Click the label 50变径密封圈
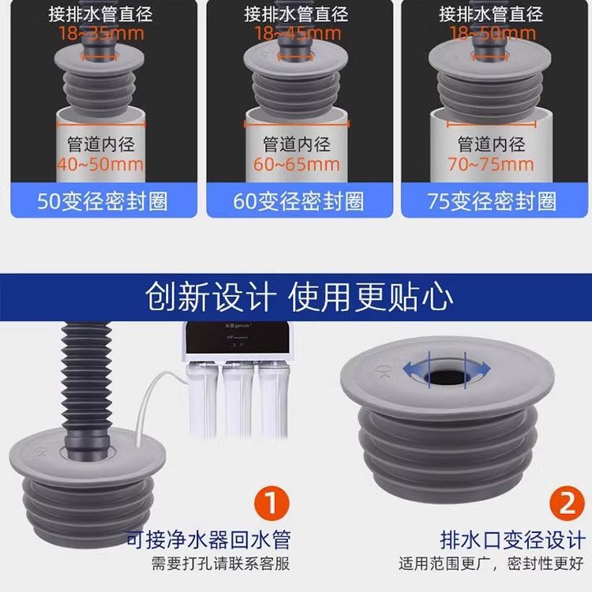[103, 201]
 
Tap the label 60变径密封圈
[299, 201]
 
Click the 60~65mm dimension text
[298, 165]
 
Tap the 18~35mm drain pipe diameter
[100, 34]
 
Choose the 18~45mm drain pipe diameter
[298, 34]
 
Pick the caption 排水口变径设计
[512, 540]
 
